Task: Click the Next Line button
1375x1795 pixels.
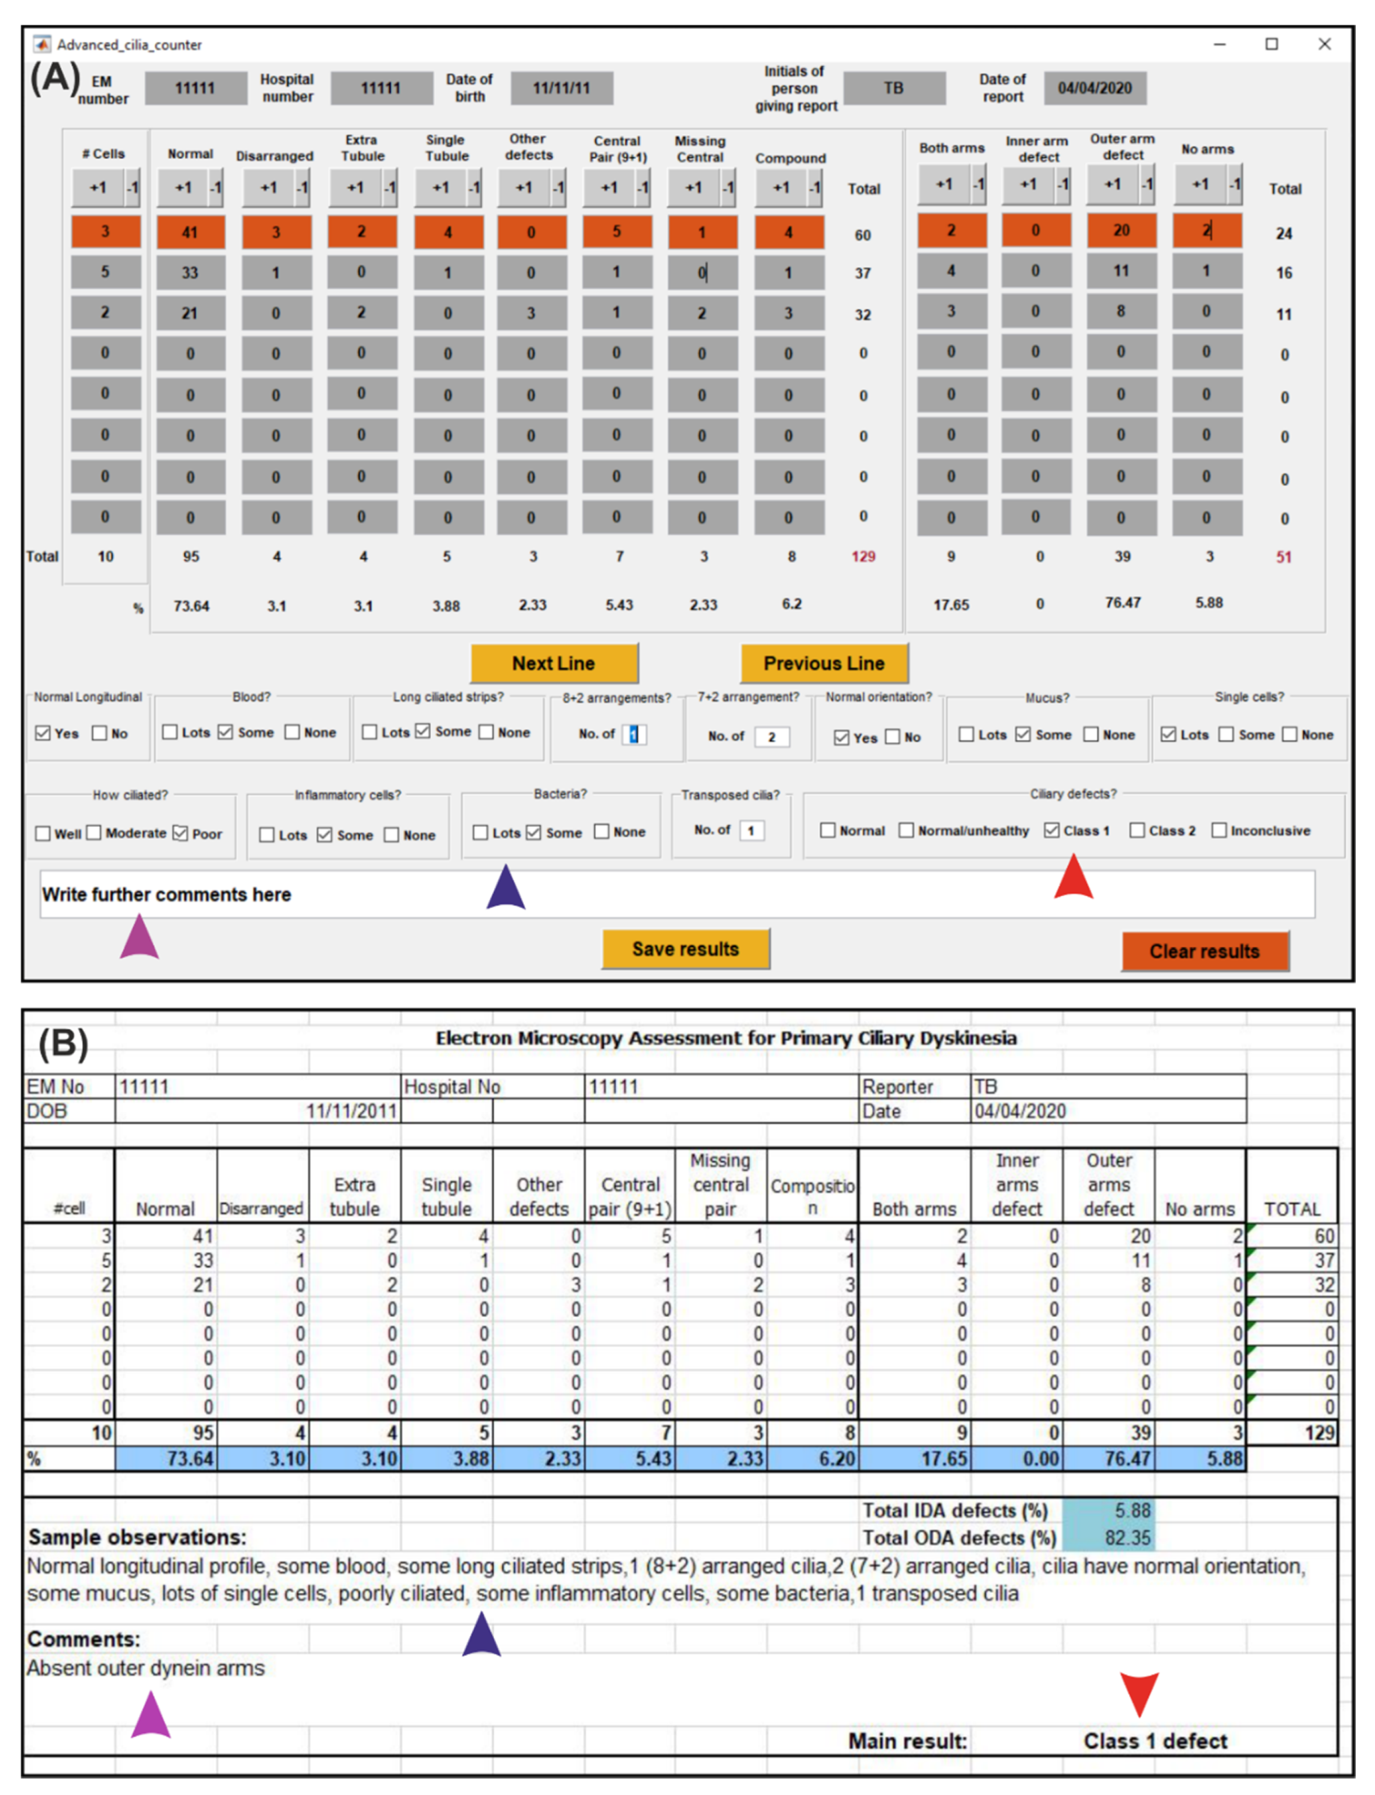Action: pos(554,663)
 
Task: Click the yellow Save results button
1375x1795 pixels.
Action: pos(686,948)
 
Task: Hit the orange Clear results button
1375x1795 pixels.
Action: pos(1205,951)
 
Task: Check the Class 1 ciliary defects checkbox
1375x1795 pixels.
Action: pos(1052,831)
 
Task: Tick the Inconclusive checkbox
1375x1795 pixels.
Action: pos(1218,831)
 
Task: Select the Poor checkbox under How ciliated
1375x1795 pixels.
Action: pos(181,833)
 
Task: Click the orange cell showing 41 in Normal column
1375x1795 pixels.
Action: pos(190,231)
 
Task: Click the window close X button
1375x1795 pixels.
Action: pos(1324,44)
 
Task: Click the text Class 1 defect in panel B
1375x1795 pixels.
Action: pos(1155,1741)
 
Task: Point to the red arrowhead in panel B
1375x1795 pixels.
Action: pos(1139,1692)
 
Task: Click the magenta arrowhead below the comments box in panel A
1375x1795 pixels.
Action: pos(139,937)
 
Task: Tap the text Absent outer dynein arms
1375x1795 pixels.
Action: pos(146,1668)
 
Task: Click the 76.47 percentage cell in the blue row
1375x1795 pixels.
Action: pos(1127,1459)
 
